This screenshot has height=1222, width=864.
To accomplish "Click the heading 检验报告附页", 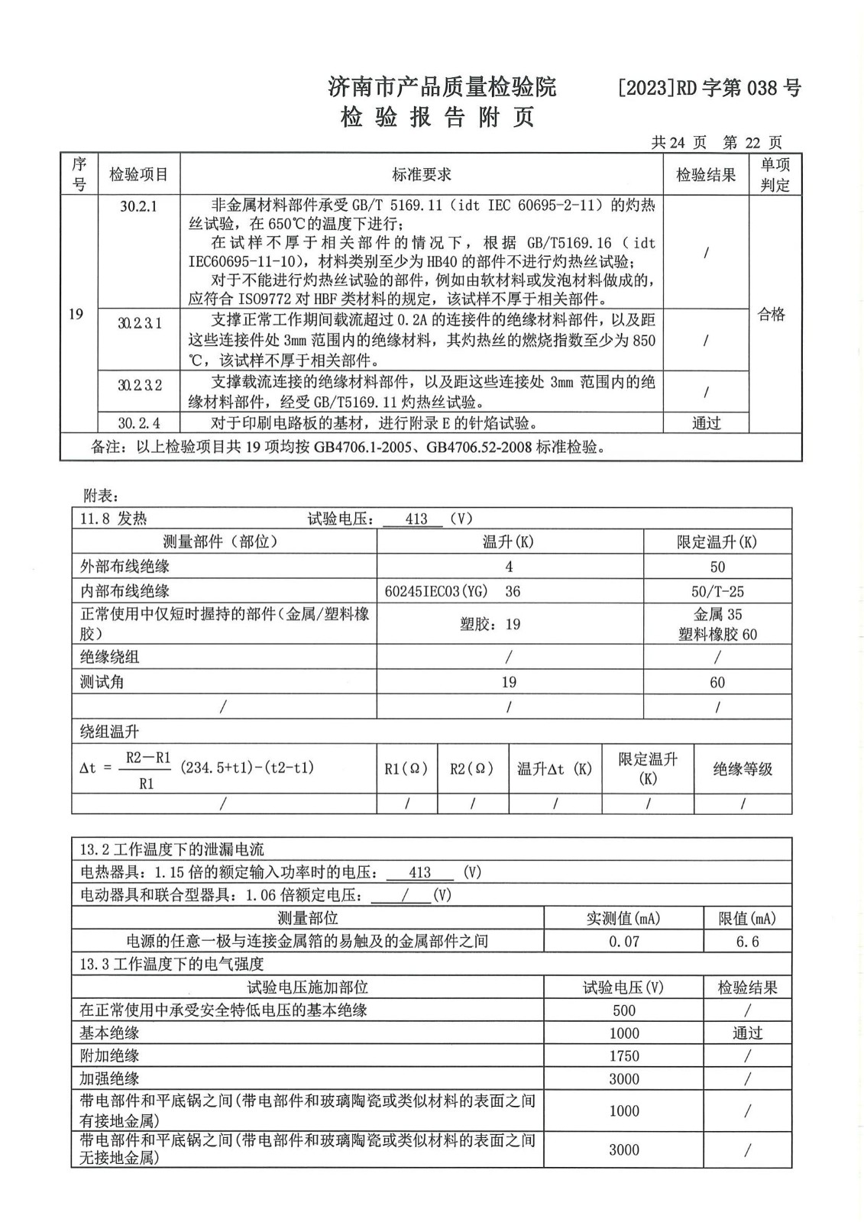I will pyautogui.click(x=437, y=118).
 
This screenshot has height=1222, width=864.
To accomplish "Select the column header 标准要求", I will pyautogui.click(x=422, y=175).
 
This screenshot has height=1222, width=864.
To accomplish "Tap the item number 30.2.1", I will pyautogui.click(x=138, y=207).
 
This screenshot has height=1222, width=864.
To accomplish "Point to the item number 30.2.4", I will pyautogui.click(x=139, y=423).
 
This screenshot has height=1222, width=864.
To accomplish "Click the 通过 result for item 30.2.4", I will pyautogui.click(x=706, y=423).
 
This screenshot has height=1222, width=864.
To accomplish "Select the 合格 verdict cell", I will pyautogui.click(x=772, y=315).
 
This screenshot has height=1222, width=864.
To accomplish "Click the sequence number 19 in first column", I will pyautogui.click(x=76, y=315).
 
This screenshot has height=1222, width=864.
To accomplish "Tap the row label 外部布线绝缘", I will pyautogui.click(x=125, y=567).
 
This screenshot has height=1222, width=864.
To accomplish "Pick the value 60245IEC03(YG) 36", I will pyautogui.click(x=453, y=591).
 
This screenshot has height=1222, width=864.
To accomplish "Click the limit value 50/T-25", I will pyautogui.click(x=717, y=591).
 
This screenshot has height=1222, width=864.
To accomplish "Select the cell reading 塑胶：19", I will pyautogui.click(x=490, y=625).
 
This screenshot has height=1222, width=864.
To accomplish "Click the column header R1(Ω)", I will pyautogui.click(x=406, y=769).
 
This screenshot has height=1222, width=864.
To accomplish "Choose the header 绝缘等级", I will pyautogui.click(x=743, y=769).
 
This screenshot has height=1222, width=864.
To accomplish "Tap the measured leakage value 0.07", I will pyautogui.click(x=623, y=942).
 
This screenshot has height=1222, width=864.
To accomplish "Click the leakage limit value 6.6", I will pyautogui.click(x=747, y=942).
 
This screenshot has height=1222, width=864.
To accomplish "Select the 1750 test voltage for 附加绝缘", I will pyautogui.click(x=623, y=1056).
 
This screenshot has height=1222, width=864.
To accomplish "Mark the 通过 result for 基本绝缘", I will pyautogui.click(x=747, y=1033).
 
